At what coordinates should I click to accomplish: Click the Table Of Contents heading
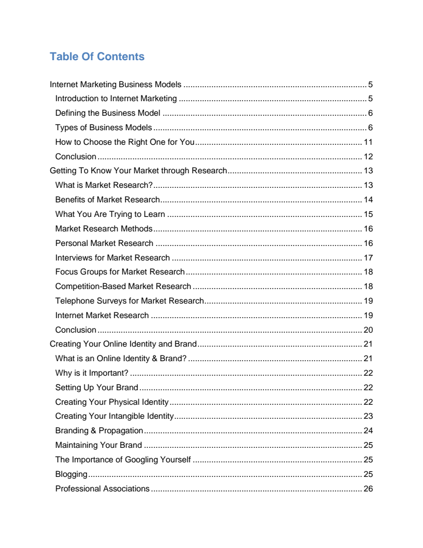[x=97, y=57]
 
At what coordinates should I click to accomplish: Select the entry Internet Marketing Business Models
[x=116, y=84]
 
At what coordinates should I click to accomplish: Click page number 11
[x=368, y=142]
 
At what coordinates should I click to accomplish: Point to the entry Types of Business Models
[x=104, y=128]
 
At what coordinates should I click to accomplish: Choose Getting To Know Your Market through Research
[x=138, y=171]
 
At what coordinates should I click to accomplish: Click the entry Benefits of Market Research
[x=107, y=200]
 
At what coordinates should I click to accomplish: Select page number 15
[x=368, y=214]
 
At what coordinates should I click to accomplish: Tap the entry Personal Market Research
[x=104, y=243]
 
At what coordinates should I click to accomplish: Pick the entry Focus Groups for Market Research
[x=120, y=272]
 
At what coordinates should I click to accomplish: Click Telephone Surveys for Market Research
[x=130, y=301]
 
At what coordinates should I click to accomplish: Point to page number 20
[x=368, y=330]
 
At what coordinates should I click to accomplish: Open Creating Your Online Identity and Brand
[x=123, y=344]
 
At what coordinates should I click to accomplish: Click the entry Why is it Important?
[x=92, y=373]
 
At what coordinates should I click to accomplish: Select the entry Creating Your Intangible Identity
[x=114, y=416]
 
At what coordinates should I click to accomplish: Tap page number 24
[x=368, y=431]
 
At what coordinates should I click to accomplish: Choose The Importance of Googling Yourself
[x=123, y=460]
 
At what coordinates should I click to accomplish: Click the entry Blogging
[x=71, y=474]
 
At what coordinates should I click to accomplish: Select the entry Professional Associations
[x=103, y=489]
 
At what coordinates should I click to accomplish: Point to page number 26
[x=368, y=489]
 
